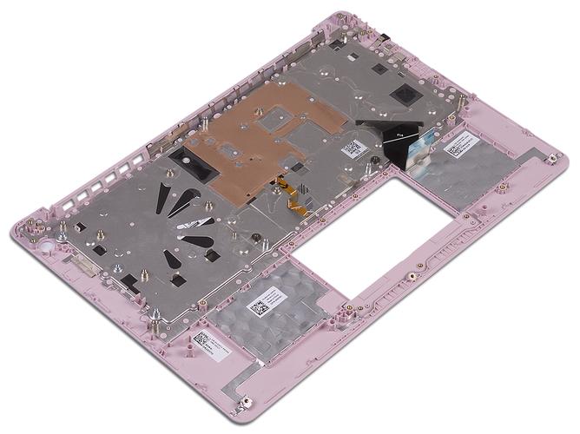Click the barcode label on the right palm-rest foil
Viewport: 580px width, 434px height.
[x=459, y=148]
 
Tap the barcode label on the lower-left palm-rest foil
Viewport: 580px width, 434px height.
[x=261, y=308]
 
